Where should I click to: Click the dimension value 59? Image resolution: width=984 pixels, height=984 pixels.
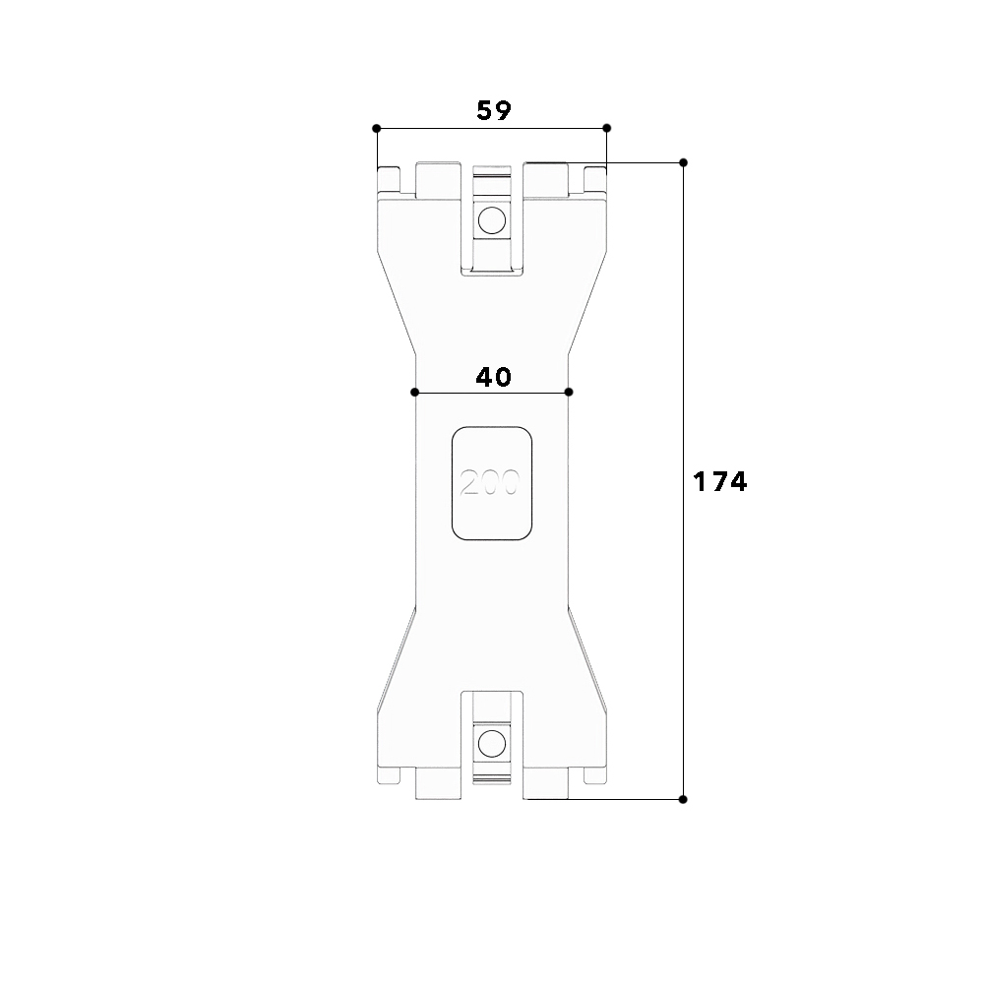(x=494, y=110)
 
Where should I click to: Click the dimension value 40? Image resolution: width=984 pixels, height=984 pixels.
(x=493, y=377)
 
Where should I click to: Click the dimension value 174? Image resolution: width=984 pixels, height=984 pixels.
(x=720, y=481)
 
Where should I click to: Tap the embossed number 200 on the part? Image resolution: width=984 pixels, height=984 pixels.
(x=490, y=482)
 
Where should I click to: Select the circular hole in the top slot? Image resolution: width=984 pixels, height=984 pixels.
(x=491, y=220)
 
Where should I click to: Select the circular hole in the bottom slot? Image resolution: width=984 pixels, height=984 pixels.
(x=491, y=744)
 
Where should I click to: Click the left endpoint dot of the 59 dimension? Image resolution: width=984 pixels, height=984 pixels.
(x=377, y=128)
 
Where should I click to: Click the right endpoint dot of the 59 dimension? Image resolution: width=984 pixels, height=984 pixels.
(x=606, y=128)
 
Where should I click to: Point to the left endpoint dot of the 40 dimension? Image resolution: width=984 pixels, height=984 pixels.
(x=415, y=393)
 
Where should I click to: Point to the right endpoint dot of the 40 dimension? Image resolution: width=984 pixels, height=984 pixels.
(x=569, y=393)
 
